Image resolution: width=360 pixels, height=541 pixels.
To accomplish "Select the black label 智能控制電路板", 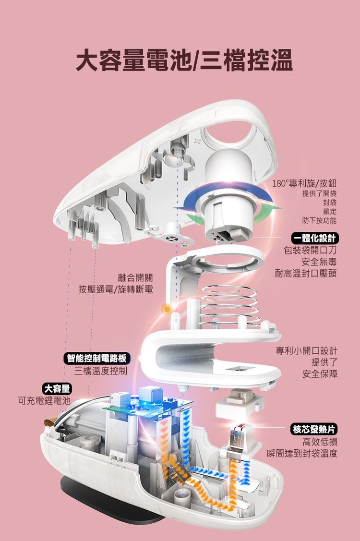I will pyautogui.click(x=97, y=358).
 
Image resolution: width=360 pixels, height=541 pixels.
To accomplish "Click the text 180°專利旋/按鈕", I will pyautogui.click(x=304, y=184).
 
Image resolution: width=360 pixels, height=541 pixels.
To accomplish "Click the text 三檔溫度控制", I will pyautogui.click(x=101, y=371).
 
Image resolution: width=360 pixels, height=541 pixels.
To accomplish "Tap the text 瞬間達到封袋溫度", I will pyautogui.click(x=302, y=453).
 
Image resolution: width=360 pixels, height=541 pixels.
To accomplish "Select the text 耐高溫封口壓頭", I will pyautogui.click(x=306, y=274).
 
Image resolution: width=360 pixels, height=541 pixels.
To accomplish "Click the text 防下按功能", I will pyautogui.click(x=319, y=220).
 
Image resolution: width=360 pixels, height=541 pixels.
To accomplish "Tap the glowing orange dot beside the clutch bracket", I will pyautogui.click(x=167, y=309).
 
